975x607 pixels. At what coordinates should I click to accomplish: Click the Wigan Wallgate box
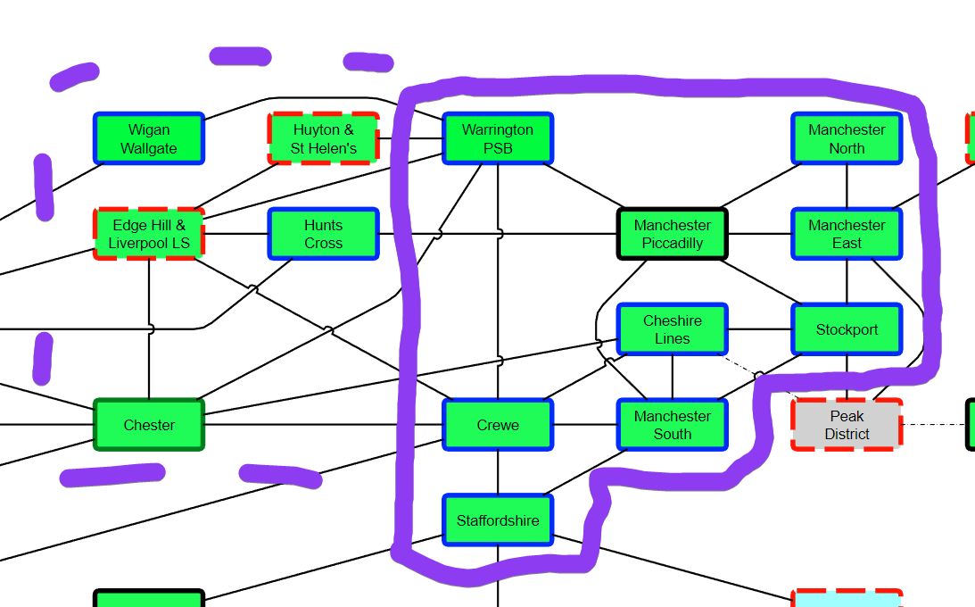click(x=149, y=139)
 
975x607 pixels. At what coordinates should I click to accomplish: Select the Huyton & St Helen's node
click(x=323, y=139)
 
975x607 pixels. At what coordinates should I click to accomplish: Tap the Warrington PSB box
click(x=498, y=139)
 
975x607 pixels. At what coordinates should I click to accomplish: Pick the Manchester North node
click(x=847, y=139)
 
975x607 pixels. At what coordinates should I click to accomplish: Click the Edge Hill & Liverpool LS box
click(x=149, y=234)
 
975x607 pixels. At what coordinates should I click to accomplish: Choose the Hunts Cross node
click(x=323, y=234)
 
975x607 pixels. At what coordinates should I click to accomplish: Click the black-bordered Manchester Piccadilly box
click(x=673, y=234)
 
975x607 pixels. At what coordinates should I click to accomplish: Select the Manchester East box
click(x=847, y=234)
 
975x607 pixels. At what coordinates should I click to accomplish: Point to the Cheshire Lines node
click(x=673, y=329)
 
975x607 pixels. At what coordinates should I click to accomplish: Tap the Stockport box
click(x=847, y=329)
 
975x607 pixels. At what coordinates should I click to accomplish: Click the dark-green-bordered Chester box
click(x=149, y=425)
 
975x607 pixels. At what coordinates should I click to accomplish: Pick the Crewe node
click(x=498, y=425)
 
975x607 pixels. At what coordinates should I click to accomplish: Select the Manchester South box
click(x=673, y=425)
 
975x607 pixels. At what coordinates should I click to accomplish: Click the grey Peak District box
click(x=847, y=425)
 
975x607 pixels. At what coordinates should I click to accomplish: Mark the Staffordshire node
click(x=498, y=520)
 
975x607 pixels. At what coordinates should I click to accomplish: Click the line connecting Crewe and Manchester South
click(x=585, y=425)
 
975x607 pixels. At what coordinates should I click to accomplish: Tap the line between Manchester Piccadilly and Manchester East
click(x=760, y=234)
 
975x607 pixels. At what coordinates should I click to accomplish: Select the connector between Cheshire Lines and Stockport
click(x=760, y=329)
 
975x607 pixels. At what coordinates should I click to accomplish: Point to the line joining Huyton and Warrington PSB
click(x=411, y=139)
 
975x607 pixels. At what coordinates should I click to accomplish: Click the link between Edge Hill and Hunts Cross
click(x=236, y=234)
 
